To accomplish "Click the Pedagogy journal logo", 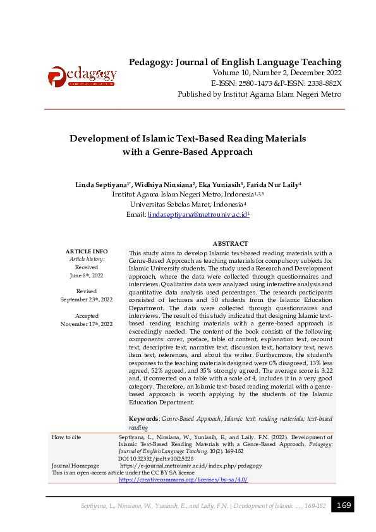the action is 82,77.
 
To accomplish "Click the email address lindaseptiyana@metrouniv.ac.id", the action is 198,215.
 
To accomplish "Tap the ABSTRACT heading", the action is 230,243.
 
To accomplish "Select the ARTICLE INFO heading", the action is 87,251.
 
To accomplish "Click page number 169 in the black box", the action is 344,505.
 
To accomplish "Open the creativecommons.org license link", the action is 183,480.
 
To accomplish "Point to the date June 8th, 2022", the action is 87,275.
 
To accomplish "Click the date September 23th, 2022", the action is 87,299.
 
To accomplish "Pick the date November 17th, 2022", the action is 87,323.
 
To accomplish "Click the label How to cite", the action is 66,437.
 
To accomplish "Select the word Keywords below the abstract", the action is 143,419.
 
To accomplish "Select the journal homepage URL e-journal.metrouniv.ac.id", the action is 191,466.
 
